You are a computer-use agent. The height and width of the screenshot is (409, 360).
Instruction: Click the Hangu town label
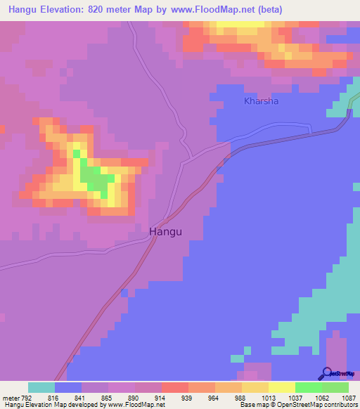click(x=169, y=231)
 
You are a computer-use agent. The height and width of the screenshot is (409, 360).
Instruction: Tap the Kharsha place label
click(x=262, y=101)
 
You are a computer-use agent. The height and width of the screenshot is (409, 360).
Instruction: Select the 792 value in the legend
click(x=25, y=398)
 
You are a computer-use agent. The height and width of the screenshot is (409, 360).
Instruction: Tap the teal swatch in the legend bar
click(x=41, y=387)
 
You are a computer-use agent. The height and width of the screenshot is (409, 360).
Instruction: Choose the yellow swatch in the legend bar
click(x=282, y=387)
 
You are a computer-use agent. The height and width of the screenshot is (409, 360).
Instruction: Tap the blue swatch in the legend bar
click(x=68, y=387)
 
